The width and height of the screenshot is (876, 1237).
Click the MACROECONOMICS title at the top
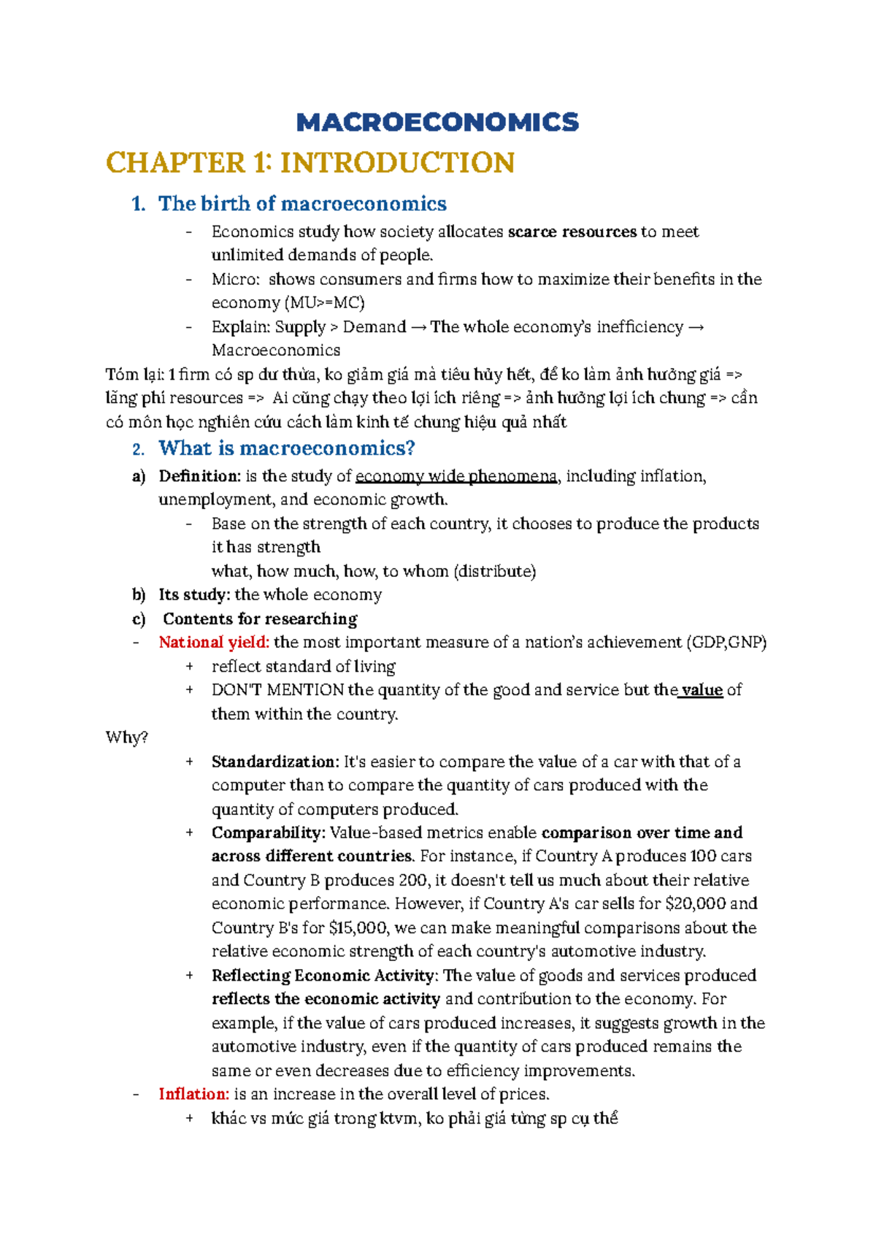(x=437, y=122)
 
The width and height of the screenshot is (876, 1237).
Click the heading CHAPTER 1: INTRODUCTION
(x=311, y=162)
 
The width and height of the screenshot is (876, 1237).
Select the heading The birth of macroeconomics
(x=302, y=204)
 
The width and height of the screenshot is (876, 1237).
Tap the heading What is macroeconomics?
(x=287, y=448)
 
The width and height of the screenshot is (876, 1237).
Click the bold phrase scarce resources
(x=572, y=232)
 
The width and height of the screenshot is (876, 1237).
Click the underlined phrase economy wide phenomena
(x=456, y=477)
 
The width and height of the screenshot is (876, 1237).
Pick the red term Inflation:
(x=194, y=1094)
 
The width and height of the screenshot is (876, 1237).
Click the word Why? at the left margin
(x=127, y=738)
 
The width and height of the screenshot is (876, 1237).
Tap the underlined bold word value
(x=702, y=690)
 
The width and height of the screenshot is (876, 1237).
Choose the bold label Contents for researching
(x=260, y=619)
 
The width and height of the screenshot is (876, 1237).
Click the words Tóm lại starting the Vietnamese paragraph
(x=133, y=375)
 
